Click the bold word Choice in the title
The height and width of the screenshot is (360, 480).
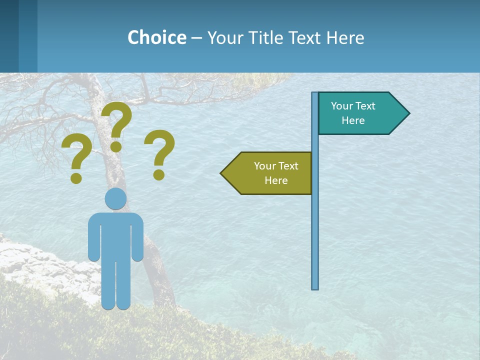156,37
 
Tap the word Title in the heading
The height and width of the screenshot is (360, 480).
270,37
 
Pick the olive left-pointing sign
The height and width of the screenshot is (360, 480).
270,173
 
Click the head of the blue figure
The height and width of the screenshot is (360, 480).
115,199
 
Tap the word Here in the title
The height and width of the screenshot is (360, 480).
345,37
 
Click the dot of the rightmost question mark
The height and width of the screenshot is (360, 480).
159,174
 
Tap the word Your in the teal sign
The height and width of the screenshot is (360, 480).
342,106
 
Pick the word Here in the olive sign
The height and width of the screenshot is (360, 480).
276,180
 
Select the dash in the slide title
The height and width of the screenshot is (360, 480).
196,38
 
